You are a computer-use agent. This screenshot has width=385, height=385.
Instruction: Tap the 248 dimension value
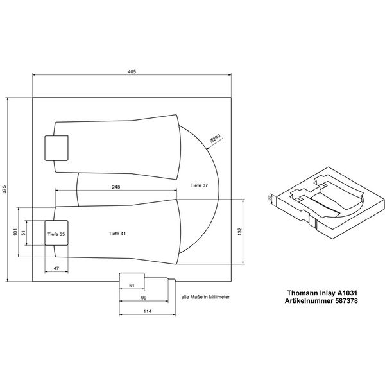(116, 187)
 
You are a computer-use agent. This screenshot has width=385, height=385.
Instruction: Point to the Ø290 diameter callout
(215, 138)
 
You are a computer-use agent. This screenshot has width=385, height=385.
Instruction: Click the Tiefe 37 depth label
(200, 185)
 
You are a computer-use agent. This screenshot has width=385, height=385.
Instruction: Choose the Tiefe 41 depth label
(117, 234)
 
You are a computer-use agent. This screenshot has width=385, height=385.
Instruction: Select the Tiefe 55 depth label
(56, 235)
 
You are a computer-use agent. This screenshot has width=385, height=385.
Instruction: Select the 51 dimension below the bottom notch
(133, 285)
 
